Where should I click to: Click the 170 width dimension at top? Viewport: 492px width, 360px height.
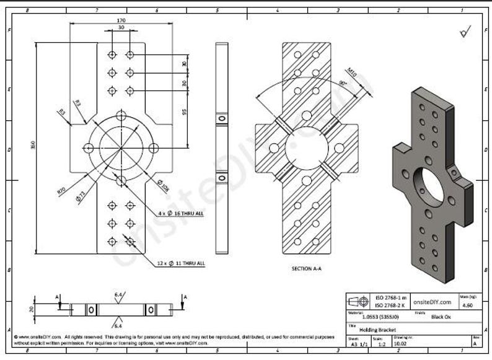click(x=120, y=20)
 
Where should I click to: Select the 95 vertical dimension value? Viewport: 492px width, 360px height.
click(x=185, y=112)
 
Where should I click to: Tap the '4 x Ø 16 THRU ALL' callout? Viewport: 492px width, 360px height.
click(x=181, y=213)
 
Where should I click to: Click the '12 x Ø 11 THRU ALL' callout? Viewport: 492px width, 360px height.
click(x=180, y=263)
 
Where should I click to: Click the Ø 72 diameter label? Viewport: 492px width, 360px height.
click(x=80, y=198)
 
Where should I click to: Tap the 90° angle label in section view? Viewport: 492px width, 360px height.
click(x=341, y=83)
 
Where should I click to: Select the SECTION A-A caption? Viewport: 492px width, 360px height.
click(x=306, y=269)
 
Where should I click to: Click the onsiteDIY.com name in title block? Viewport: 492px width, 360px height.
click(x=432, y=301)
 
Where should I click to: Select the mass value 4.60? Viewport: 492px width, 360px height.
click(x=468, y=305)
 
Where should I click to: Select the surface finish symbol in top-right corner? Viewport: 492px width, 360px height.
click(x=465, y=32)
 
